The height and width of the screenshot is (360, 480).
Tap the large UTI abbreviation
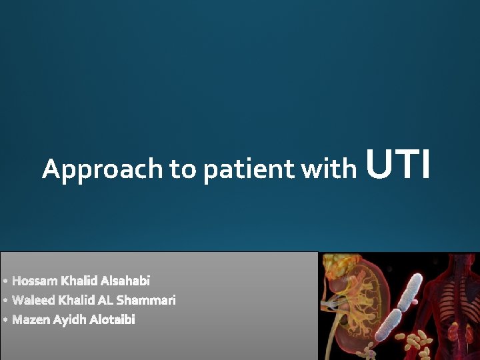(x=399, y=165)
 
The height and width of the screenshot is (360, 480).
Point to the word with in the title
(x=329, y=169)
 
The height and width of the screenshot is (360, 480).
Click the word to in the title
(x=183, y=170)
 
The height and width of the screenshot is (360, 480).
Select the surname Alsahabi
(x=125, y=281)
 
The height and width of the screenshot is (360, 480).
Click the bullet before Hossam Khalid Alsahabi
(x=5, y=281)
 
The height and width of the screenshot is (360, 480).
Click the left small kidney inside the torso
(x=453, y=331)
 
